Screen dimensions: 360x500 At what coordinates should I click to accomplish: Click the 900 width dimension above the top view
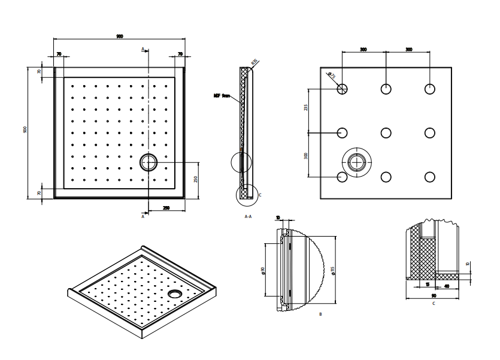120,37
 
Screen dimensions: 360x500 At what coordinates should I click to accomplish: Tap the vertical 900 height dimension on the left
25,130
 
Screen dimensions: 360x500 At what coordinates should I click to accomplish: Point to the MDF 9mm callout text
222,95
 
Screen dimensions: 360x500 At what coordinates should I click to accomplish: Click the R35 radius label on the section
254,62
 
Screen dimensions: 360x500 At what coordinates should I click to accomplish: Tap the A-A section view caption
247,216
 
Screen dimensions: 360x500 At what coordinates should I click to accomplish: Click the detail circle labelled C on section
245,193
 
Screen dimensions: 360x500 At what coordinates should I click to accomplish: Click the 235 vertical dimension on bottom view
305,108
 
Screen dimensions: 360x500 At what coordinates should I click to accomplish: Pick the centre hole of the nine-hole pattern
386,132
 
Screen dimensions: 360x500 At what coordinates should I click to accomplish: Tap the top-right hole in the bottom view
429,89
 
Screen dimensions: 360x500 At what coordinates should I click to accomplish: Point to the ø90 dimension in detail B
263,270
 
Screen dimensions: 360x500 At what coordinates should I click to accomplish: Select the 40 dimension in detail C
447,285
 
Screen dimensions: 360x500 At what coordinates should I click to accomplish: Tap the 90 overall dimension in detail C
433,296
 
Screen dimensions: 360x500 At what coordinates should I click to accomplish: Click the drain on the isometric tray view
175,294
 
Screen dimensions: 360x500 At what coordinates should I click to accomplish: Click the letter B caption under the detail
320,314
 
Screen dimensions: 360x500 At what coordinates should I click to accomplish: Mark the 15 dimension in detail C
427,285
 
